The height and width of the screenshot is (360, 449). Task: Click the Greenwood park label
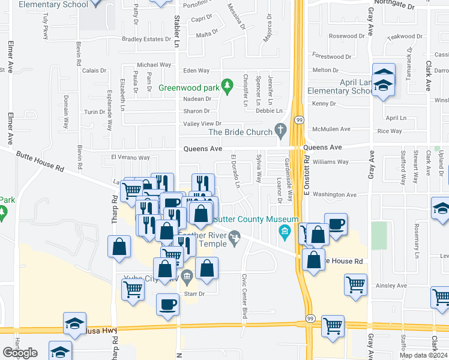[x=188, y=88]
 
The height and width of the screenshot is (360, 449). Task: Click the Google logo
[x=20, y=353]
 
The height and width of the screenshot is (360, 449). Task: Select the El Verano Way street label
[x=130, y=158]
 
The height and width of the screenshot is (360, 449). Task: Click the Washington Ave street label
[x=334, y=194]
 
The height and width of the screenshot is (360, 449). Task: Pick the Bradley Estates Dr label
[x=146, y=39]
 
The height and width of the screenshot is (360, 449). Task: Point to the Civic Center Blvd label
[x=245, y=296]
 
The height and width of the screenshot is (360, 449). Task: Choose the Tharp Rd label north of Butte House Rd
[x=113, y=211]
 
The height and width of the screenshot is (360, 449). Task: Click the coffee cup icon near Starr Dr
[x=167, y=305]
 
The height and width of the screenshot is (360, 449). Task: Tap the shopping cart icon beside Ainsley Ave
[x=355, y=284]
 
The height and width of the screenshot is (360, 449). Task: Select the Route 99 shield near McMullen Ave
[x=298, y=120]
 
